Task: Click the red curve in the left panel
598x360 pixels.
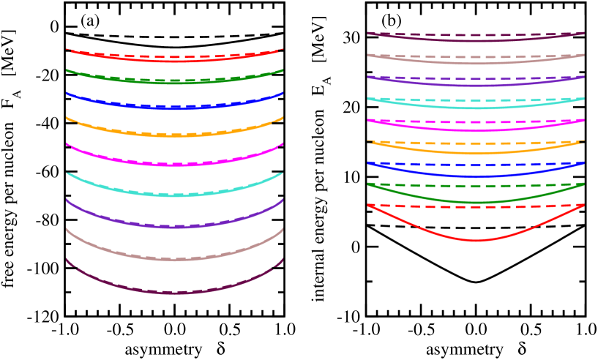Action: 174,61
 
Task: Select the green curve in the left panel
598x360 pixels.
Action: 174,83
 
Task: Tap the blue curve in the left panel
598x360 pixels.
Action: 174,108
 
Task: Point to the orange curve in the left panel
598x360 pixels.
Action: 174,135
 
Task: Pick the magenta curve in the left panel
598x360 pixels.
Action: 174,164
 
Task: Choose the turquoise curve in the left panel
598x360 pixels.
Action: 174,195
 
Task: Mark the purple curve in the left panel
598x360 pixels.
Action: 174,227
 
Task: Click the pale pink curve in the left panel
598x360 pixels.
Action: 174,259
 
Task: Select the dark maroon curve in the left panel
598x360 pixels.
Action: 174,293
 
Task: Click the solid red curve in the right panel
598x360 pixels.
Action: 476,240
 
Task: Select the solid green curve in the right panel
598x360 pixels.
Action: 476,202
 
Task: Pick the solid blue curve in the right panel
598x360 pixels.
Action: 476,176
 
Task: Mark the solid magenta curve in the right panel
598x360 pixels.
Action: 476,131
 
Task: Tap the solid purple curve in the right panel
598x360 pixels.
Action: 476,86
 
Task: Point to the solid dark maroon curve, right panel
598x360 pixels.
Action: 476,41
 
